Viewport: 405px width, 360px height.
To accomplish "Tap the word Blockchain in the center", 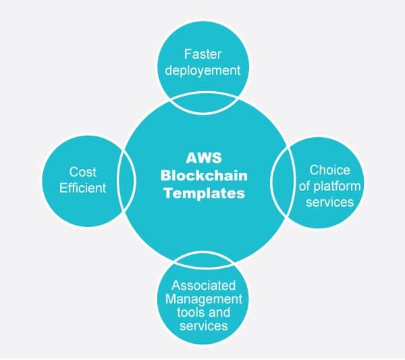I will point(203,175).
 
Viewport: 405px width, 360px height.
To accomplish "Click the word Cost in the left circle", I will point(82,173).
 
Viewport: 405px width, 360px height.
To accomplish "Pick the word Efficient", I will point(82,188).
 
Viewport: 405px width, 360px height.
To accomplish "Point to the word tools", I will point(192,313).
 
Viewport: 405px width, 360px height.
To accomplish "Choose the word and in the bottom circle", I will point(219,313).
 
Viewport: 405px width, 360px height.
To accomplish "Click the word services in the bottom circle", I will point(202,326).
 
